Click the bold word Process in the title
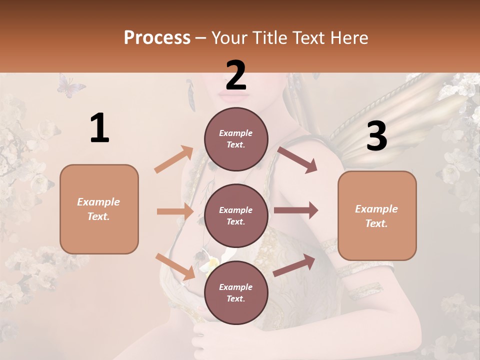[x=157, y=37]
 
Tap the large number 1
[x=99, y=128]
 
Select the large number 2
[x=236, y=75]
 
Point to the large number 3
[x=376, y=136]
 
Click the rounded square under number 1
[x=99, y=209]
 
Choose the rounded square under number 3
[x=377, y=215]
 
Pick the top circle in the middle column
[x=236, y=139]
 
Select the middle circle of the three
[x=236, y=215]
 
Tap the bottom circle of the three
[x=236, y=292]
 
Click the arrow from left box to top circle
[x=173, y=159]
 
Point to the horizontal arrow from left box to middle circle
[x=175, y=211]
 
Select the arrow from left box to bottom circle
[x=175, y=266]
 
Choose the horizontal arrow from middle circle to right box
[x=295, y=210]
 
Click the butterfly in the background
[x=70, y=85]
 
